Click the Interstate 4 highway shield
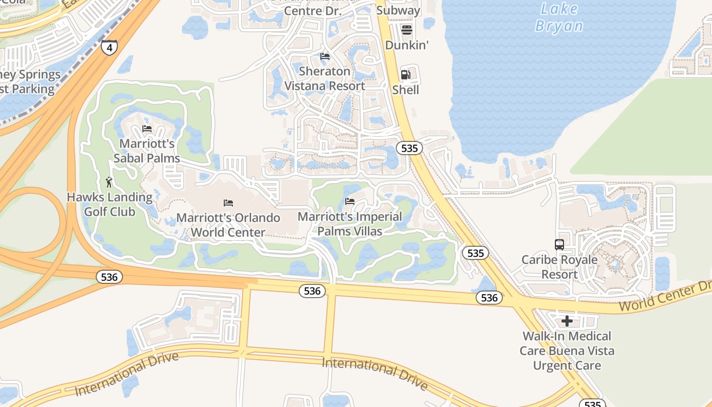(x=109, y=47)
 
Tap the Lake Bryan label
(x=559, y=17)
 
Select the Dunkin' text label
(x=407, y=45)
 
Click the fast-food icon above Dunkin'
(x=406, y=30)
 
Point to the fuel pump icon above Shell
(x=405, y=75)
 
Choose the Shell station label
(x=406, y=90)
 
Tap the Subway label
(x=398, y=10)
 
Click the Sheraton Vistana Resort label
(x=324, y=78)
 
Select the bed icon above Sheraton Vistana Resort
(x=325, y=56)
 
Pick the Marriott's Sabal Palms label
(x=147, y=151)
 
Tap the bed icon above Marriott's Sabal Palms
(x=147, y=128)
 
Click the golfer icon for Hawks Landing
(x=109, y=182)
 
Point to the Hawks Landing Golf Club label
(x=110, y=204)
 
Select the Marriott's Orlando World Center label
(x=228, y=225)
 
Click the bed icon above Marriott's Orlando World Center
(x=228, y=202)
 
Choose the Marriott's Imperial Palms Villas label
(x=350, y=224)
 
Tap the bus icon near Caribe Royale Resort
(x=559, y=245)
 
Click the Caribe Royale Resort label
(x=559, y=267)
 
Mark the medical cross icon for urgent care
(x=567, y=321)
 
